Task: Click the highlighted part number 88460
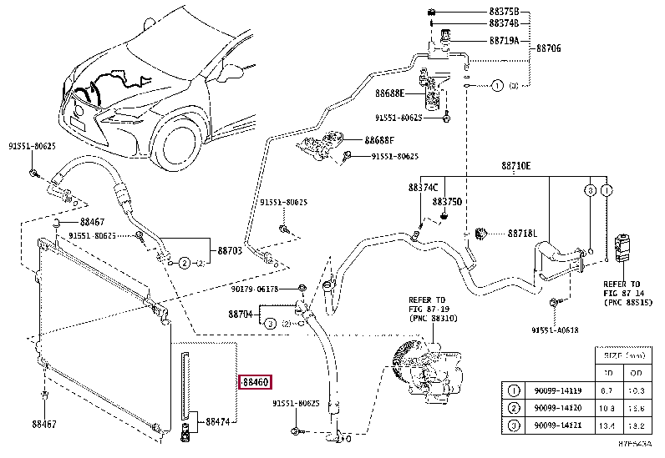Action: point(255,383)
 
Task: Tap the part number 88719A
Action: point(504,39)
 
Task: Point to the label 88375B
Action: point(504,12)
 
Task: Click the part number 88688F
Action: point(381,141)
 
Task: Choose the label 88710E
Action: point(515,166)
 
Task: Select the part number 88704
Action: point(241,315)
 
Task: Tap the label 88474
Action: point(220,422)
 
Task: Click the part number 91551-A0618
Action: point(555,331)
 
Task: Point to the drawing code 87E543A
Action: point(634,448)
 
